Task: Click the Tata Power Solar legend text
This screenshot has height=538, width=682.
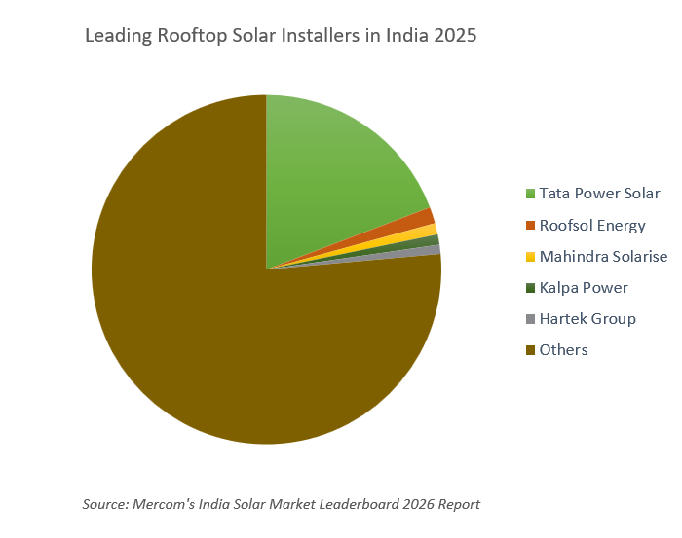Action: click(x=599, y=194)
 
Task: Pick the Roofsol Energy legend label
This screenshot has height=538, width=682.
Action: click(x=592, y=225)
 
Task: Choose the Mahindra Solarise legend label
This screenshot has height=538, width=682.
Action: click(x=603, y=256)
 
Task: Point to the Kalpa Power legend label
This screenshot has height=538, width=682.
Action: click(x=584, y=287)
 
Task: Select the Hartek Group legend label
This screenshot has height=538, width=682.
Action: click(x=587, y=318)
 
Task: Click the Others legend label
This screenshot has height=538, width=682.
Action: click(x=564, y=349)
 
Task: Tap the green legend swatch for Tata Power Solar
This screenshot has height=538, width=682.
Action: click(x=530, y=195)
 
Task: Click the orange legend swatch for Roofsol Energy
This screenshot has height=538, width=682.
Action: click(x=530, y=226)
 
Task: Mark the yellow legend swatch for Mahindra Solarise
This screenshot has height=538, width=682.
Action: click(x=530, y=257)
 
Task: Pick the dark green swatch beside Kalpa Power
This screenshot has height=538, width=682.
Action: click(x=530, y=288)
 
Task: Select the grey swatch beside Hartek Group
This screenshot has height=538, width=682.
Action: click(x=530, y=319)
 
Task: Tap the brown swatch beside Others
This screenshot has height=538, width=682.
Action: click(x=530, y=350)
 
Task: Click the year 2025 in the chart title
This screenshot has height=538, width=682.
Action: click(x=454, y=37)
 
